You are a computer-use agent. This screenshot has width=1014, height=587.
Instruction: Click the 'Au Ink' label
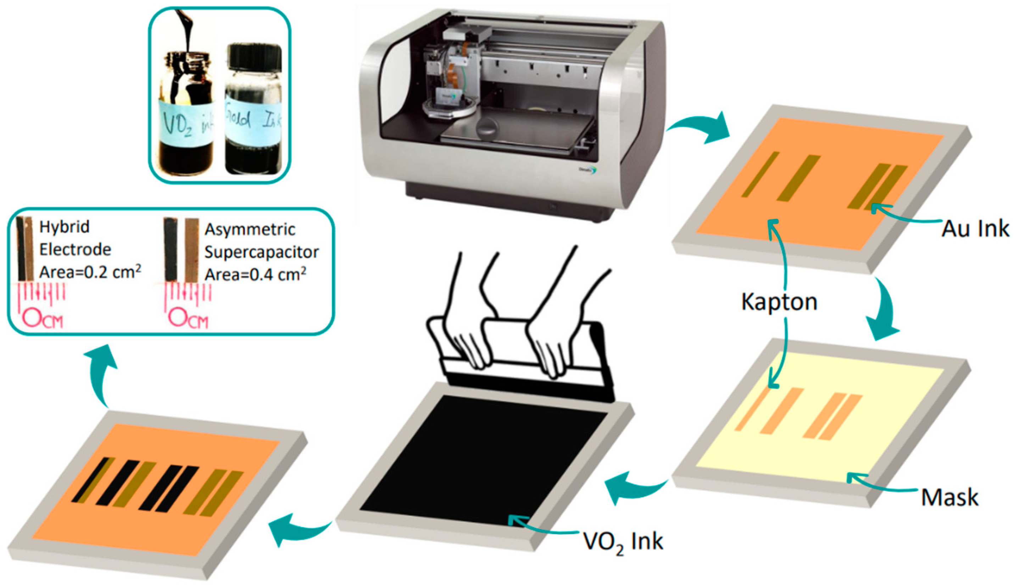click(975, 229)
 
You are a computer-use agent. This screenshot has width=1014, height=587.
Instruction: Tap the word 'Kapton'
click(779, 302)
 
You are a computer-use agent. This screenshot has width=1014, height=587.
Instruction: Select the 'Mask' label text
click(949, 498)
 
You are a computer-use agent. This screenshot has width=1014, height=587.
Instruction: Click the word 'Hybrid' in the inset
click(65, 227)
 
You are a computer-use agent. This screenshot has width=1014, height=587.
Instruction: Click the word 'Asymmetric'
click(250, 229)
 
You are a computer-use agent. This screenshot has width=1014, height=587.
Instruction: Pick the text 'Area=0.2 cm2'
click(90, 272)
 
